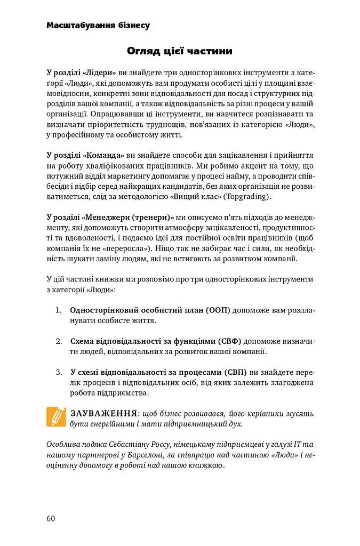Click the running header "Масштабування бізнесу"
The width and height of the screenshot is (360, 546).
coord(98,25)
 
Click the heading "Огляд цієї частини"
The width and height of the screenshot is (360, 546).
coord(180,51)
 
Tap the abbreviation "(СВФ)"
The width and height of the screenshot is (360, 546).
coord(229,341)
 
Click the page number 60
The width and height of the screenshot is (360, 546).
coord(51,518)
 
